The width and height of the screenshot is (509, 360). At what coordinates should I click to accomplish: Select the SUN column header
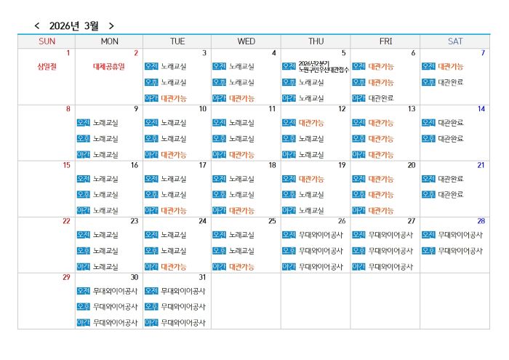[x=47, y=41]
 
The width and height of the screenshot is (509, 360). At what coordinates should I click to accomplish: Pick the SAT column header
[x=455, y=41]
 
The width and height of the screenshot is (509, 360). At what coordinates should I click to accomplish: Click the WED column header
[x=246, y=41]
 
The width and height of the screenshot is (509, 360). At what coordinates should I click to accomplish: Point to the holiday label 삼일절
[x=47, y=66]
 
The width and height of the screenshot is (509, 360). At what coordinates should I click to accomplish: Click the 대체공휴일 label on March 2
[x=109, y=66]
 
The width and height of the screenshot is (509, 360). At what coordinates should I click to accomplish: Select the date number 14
[x=481, y=109]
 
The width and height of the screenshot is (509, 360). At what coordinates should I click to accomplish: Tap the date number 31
[x=202, y=277]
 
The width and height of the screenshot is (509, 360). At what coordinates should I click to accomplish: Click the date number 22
[x=66, y=221]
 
